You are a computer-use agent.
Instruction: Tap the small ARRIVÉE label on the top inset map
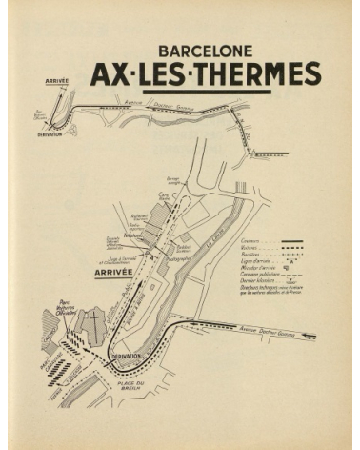point(56,81)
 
